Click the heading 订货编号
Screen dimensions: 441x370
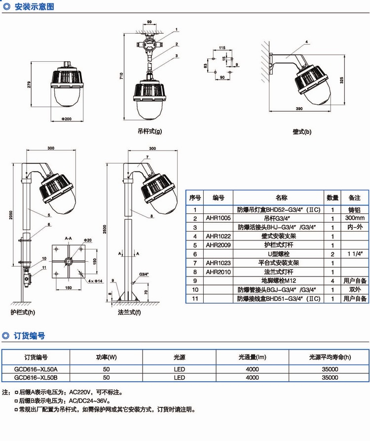pyautogui.click(x=30, y=336)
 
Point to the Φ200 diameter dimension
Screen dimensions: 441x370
pyautogui.click(x=67, y=119)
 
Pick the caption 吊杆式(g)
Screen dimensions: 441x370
pyautogui.click(x=149, y=132)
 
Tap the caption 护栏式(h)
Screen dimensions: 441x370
pyautogui.click(x=23, y=313)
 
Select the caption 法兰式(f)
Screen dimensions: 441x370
pyautogui.click(x=129, y=313)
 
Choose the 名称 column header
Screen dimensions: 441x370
pyautogui.click(x=280, y=198)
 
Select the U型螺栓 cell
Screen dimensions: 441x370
pyautogui.click(x=280, y=254)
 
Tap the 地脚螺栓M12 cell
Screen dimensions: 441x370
pyautogui.click(x=280, y=281)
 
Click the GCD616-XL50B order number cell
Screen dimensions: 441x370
pyautogui.click(x=37, y=378)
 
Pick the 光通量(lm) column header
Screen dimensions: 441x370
pyautogui.click(x=252, y=357)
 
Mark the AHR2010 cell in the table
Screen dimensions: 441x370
pyautogui.click(x=218, y=272)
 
